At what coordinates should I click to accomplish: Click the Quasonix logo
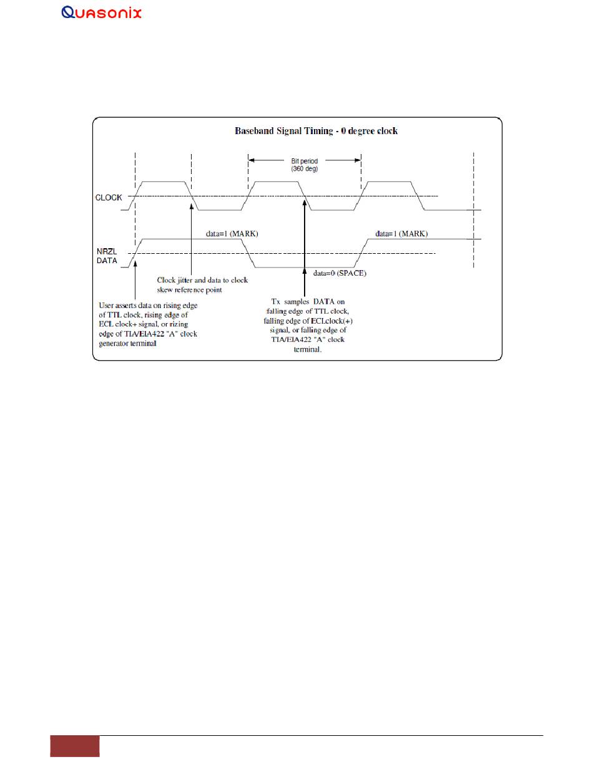(102, 12)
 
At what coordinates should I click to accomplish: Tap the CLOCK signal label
(109, 197)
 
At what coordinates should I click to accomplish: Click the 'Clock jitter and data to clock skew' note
(202, 284)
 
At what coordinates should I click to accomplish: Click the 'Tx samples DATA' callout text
(304, 324)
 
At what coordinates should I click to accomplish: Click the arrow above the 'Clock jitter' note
(191, 237)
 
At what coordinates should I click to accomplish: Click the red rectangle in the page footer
(75, 746)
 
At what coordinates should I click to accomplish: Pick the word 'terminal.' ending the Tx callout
(304, 350)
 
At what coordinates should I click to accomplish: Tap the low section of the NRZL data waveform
(304, 268)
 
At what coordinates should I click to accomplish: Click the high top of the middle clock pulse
(275, 182)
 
